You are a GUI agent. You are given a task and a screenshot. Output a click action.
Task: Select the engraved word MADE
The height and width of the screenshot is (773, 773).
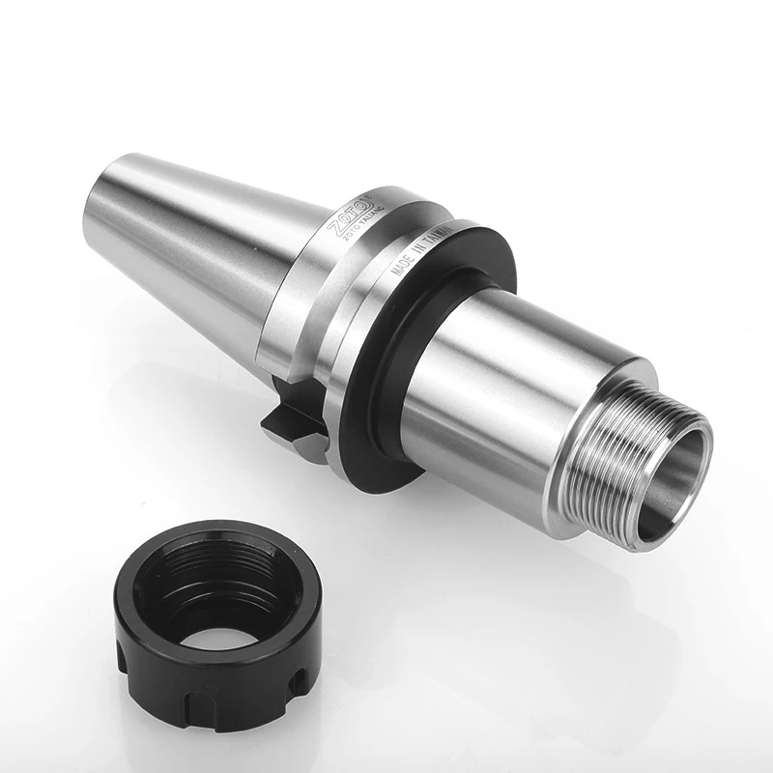click(x=398, y=270)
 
